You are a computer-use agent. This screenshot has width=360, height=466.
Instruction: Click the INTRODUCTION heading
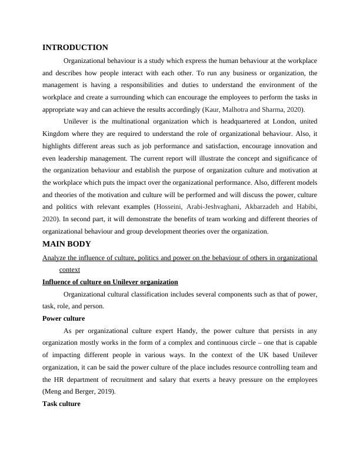75,48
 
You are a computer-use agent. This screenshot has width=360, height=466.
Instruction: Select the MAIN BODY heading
67,244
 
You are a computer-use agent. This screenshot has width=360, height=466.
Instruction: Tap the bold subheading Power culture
64,318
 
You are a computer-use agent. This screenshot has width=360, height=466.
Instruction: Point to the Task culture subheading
61,404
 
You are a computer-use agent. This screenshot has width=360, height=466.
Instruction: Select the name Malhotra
240,109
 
